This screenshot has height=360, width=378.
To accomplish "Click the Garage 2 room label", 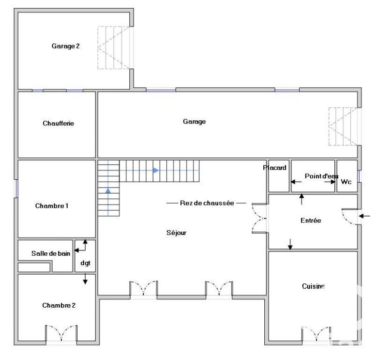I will coord(65,47).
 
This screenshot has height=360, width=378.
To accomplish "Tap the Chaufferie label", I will coord(58,124).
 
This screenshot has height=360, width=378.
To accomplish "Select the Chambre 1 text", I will coord(52,206).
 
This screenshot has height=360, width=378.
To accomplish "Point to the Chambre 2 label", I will coord(59,306).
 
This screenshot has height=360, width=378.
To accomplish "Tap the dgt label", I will coord(85,264).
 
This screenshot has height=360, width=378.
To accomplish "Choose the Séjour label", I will coord(176,233).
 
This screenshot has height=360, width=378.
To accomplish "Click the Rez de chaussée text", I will coord(207,203).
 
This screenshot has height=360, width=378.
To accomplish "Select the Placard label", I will coord(275,168).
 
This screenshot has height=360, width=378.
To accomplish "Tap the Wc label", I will coord(346,182).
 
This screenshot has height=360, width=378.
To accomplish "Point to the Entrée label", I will coord(311,220).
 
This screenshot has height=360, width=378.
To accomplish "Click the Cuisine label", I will coord(313,287).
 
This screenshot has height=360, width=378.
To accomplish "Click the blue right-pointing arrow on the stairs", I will coord(156,171).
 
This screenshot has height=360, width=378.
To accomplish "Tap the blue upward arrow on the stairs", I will coord(108,190).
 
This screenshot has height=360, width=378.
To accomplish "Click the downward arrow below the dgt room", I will coord(85,280).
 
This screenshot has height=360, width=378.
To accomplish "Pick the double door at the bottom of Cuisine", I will coord(316,334).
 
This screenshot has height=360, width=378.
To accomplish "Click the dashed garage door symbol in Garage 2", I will coord(114,47).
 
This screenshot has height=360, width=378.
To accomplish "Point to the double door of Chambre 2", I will coord(61,334).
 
